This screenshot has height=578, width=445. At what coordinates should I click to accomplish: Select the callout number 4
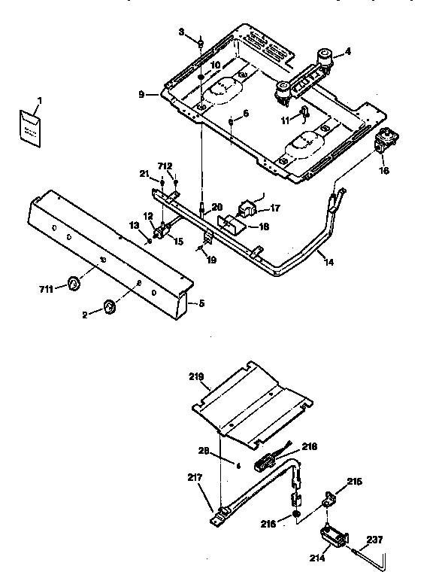pos(348,52)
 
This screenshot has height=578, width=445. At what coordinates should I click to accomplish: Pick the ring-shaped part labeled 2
pos(110,305)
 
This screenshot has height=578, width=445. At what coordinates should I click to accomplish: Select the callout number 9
pos(142,94)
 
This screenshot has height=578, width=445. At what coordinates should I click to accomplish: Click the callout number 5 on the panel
pos(201,303)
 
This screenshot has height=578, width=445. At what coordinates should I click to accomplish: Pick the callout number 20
pos(217,208)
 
